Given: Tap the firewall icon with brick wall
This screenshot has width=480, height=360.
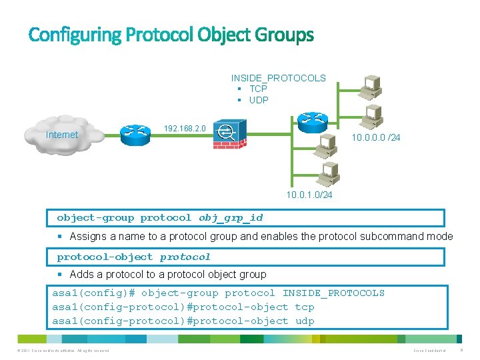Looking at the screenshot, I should [229, 134].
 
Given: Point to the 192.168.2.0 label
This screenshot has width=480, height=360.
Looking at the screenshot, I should [185, 127].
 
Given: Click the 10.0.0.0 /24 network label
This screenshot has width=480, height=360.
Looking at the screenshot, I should [375, 138].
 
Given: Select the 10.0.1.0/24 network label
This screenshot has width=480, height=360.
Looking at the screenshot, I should [309, 195].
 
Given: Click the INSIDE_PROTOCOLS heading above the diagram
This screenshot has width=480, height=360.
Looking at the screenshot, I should [278, 78].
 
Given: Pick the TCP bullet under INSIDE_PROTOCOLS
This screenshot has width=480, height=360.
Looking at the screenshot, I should [258, 89].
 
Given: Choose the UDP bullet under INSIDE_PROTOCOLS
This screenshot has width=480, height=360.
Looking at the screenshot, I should [258, 100].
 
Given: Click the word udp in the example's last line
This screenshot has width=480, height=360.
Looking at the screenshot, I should [304, 321].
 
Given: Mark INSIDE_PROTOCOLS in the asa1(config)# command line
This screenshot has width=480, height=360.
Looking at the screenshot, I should [333, 293].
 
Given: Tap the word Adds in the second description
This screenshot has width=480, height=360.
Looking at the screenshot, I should [81, 274].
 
